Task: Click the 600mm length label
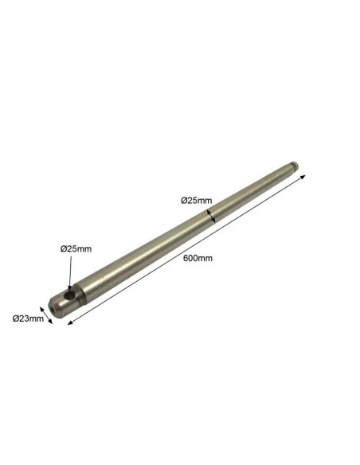(198, 258)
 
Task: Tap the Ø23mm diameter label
(28, 318)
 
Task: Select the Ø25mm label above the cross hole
(76, 248)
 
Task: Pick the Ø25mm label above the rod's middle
(196, 201)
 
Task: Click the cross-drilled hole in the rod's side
(71, 295)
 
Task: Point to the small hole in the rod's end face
(53, 310)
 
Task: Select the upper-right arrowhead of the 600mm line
(303, 177)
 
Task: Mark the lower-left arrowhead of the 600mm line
(70, 322)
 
